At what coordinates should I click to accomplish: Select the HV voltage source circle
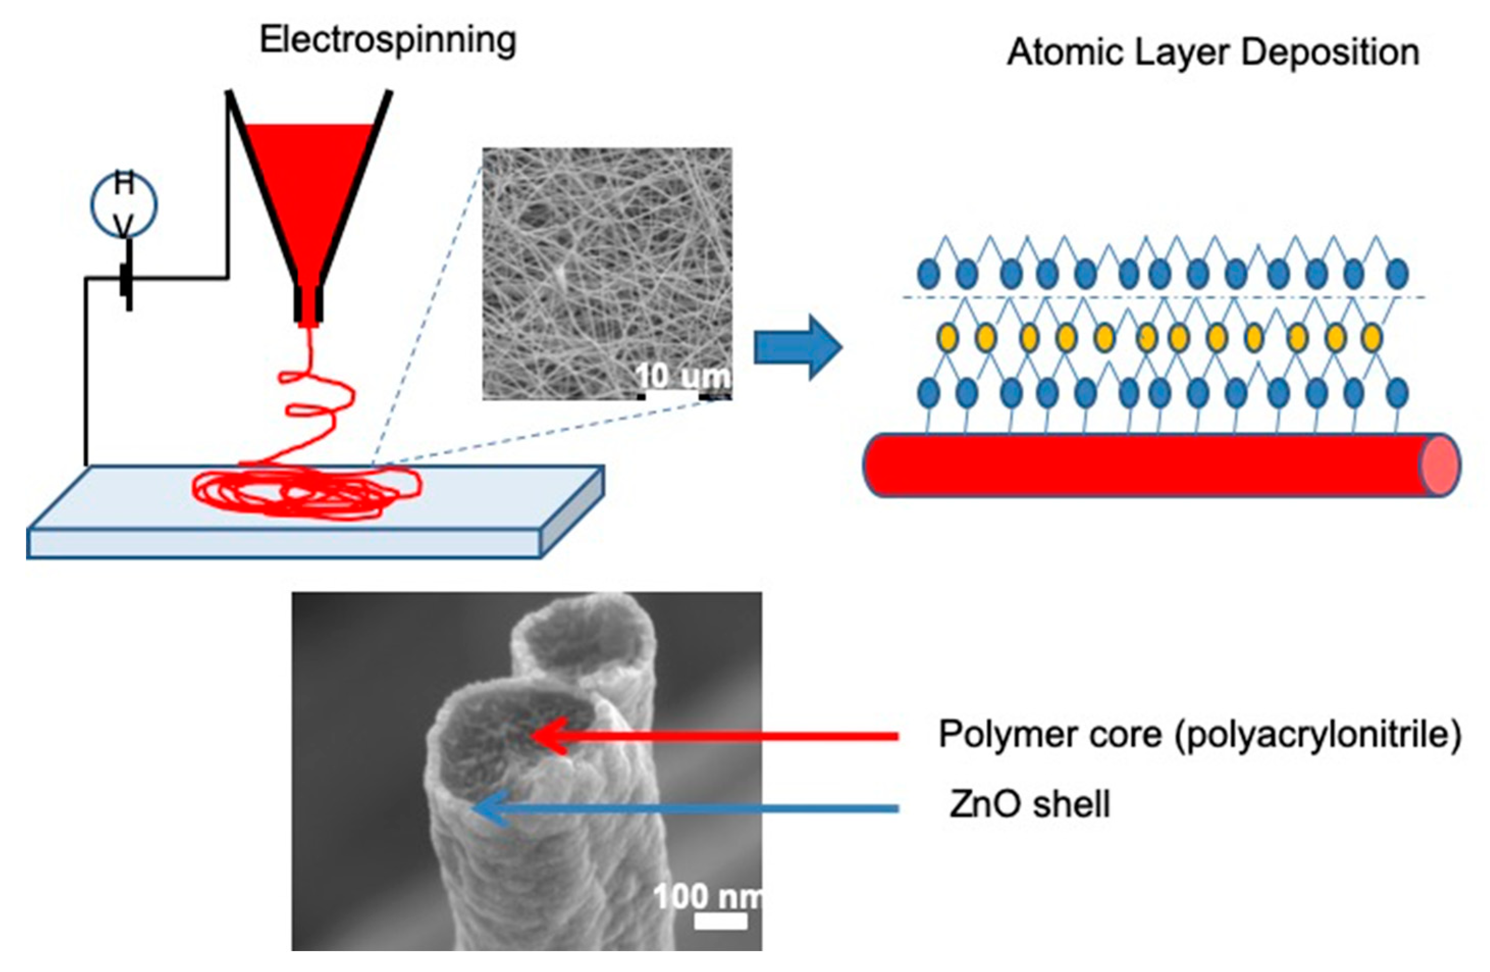(124, 204)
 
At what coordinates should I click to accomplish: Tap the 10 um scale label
(682, 376)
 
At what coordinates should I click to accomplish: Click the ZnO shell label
(1029, 804)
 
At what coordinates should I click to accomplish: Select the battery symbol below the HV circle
(128, 282)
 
